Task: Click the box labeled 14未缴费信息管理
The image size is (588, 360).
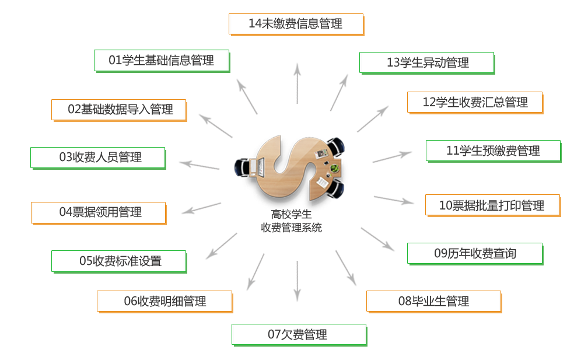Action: coord(296,25)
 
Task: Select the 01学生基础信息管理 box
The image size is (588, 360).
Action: coord(162,61)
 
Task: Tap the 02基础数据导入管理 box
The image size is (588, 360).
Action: coord(119,110)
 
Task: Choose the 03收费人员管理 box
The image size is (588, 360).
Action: coord(98,158)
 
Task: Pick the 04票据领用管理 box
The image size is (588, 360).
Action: coord(99,213)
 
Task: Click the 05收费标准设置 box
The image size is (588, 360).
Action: coord(119,261)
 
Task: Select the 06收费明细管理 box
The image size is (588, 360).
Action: coord(165,302)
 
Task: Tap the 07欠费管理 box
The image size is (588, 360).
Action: coord(299,335)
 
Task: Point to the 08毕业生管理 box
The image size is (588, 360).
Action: coord(434,302)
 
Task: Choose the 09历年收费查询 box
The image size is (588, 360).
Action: coord(475,254)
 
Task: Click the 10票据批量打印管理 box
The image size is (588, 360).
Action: coord(493,205)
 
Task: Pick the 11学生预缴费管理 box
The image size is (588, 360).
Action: coord(494,151)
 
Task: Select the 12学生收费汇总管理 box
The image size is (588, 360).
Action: coord(475,103)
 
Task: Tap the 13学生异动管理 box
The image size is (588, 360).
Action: coord(427,63)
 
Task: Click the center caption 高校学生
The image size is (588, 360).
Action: coord(292,215)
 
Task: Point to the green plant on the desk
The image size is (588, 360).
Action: coord(334,168)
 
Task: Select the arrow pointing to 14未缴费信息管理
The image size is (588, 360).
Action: coord(297,83)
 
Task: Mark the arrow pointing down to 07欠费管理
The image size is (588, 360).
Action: coord(297,281)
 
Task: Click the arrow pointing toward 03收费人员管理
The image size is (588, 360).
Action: coord(199,165)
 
